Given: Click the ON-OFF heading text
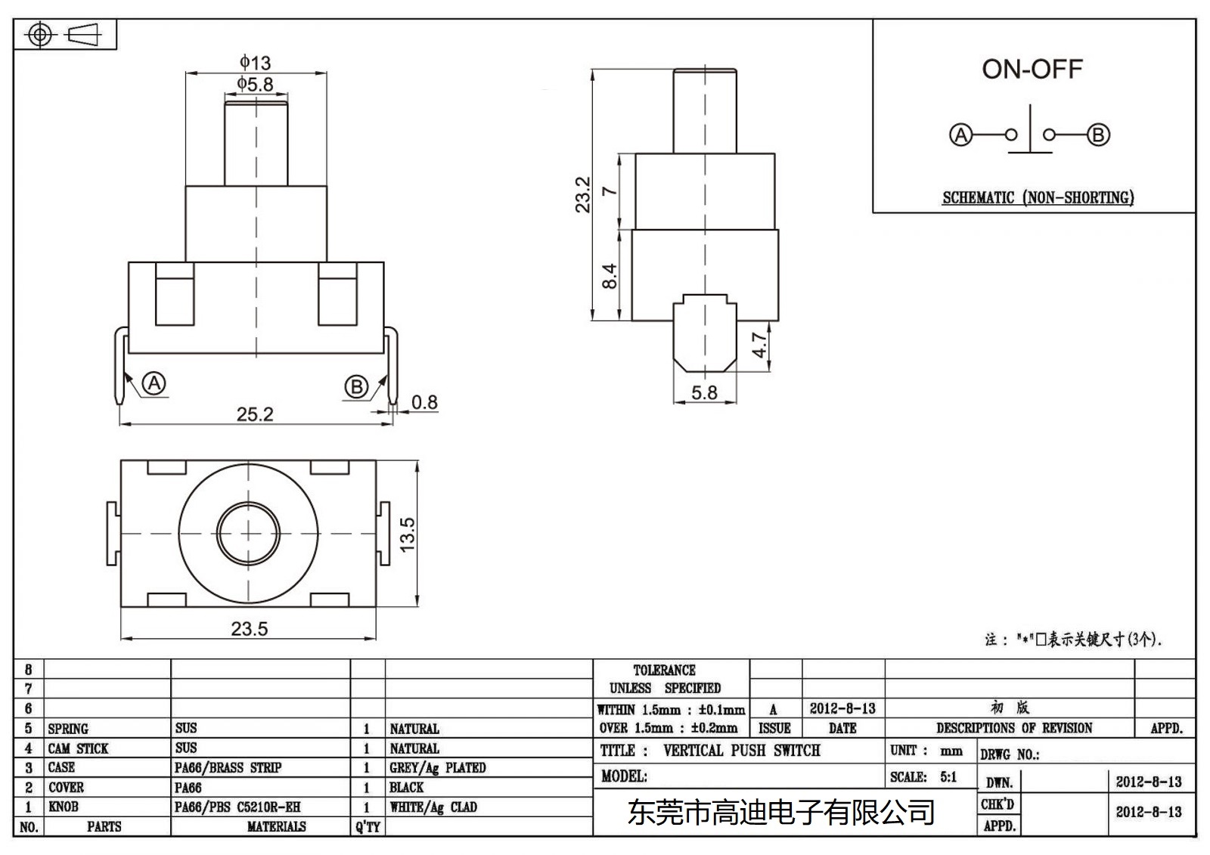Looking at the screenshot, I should tap(1032, 70).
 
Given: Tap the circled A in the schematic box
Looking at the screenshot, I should tap(960, 135).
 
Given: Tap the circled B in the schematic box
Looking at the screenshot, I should tap(1098, 135).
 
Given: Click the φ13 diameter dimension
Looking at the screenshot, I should tap(256, 62).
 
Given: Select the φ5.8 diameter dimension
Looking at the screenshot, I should tap(256, 84).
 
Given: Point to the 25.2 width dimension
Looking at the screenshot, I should tap(254, 414).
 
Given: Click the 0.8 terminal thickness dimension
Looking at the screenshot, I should tap(424, 402).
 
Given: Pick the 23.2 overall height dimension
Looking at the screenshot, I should tap(582, 194).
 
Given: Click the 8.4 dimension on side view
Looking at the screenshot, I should tap(610, 275).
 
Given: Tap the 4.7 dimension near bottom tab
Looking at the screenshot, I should tap(759, 345).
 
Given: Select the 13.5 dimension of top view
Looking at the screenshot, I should tap(407, 534).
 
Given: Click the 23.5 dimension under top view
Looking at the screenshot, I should tap(249, 629).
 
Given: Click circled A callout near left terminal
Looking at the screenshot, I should tap(154, 383).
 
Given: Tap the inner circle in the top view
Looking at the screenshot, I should tap(248, 534).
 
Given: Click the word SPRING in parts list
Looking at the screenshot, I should tap(68, 729).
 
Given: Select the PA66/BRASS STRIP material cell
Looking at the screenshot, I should tap(228, 768).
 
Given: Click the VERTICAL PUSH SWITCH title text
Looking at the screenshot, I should tap(741, 751).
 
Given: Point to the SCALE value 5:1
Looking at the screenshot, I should tap(948, 777).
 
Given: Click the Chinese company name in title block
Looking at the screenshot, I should tap(781, 813).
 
